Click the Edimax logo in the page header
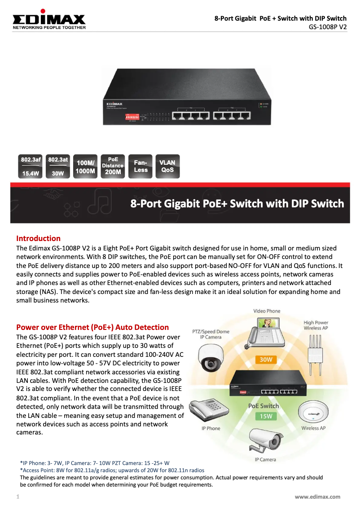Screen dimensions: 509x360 coord(48,20)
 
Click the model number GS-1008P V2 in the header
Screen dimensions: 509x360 coord(328,26)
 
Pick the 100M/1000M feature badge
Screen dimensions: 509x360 coord(85,167)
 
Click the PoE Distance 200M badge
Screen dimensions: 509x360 coord(113,166)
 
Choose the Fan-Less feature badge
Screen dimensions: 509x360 coord(140,167)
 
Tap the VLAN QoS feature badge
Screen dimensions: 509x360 coord(167,167)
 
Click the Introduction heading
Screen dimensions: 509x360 coord(38,238)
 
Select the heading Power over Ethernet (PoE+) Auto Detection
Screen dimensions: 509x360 coord(92,327)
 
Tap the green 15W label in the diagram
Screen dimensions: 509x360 coord(263,416)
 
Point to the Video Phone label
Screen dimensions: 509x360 coord(267,311)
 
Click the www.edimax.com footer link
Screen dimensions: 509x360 coord(317,496)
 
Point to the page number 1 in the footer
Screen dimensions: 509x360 coord(18,496)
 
